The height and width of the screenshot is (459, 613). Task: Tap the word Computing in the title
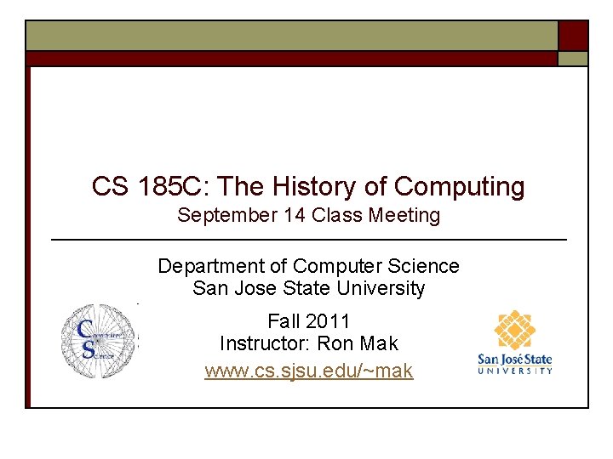point(460,186)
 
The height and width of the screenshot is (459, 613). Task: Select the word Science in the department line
point(423,267)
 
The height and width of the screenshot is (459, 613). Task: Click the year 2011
point(328,321)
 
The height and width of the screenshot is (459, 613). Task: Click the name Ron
point(335,344)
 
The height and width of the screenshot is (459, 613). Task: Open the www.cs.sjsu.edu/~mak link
point(308,371)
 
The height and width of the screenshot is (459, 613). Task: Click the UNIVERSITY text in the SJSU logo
point(515,370)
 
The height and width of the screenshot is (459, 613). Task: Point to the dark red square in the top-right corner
point(573,36)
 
